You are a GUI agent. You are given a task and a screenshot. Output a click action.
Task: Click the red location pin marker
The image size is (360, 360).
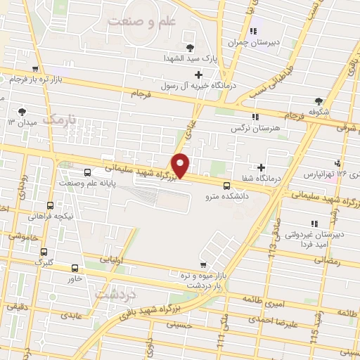tap(181, 165)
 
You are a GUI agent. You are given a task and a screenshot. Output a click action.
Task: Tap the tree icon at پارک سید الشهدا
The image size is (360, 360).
tap(191, 48)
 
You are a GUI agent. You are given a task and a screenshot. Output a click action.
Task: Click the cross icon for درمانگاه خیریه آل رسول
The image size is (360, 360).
tap(198, 75)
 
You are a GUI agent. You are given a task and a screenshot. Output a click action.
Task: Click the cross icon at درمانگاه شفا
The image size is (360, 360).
tap(261, 167)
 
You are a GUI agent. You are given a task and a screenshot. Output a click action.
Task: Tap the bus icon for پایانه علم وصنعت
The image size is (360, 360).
tap(87, 172)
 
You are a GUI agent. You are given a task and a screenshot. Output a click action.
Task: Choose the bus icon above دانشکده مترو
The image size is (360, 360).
tap(226, 186)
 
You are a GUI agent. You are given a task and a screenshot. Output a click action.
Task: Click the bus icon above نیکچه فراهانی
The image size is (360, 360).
tap(50, 205)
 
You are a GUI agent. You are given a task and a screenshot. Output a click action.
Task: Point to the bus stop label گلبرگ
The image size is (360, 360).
tap(44, 262)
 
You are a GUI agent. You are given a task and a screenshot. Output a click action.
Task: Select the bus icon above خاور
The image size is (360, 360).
tap(75, 268)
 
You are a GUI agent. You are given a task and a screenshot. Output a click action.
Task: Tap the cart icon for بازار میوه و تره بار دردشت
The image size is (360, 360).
tap(202, 265)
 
